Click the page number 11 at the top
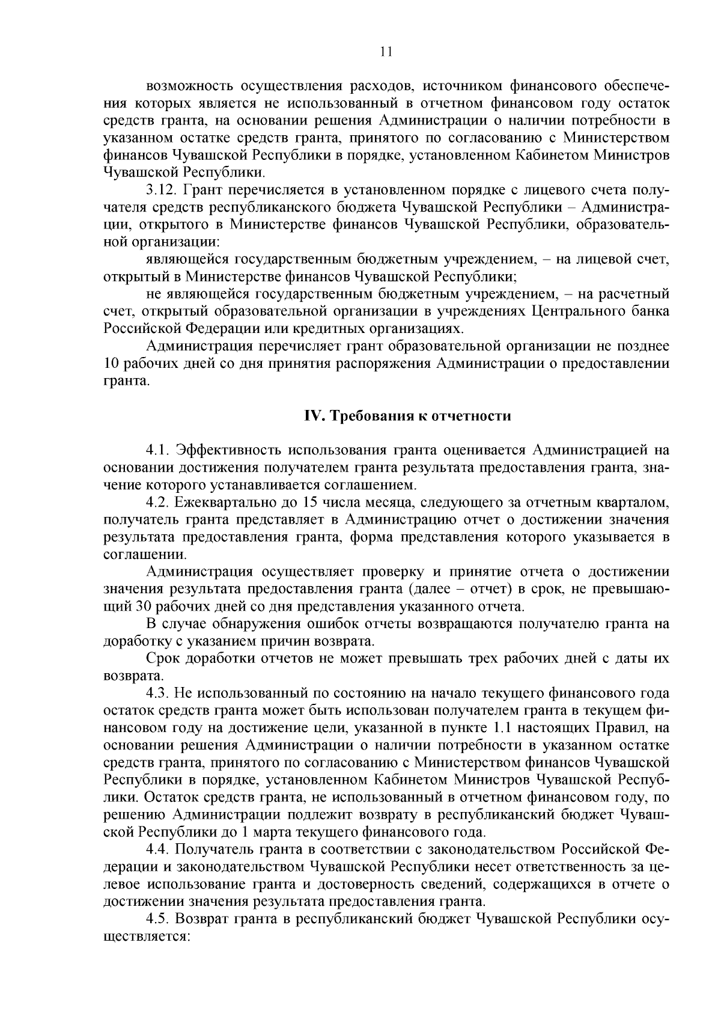(x=386, y=52)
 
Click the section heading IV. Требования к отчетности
(x=406, y=416)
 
